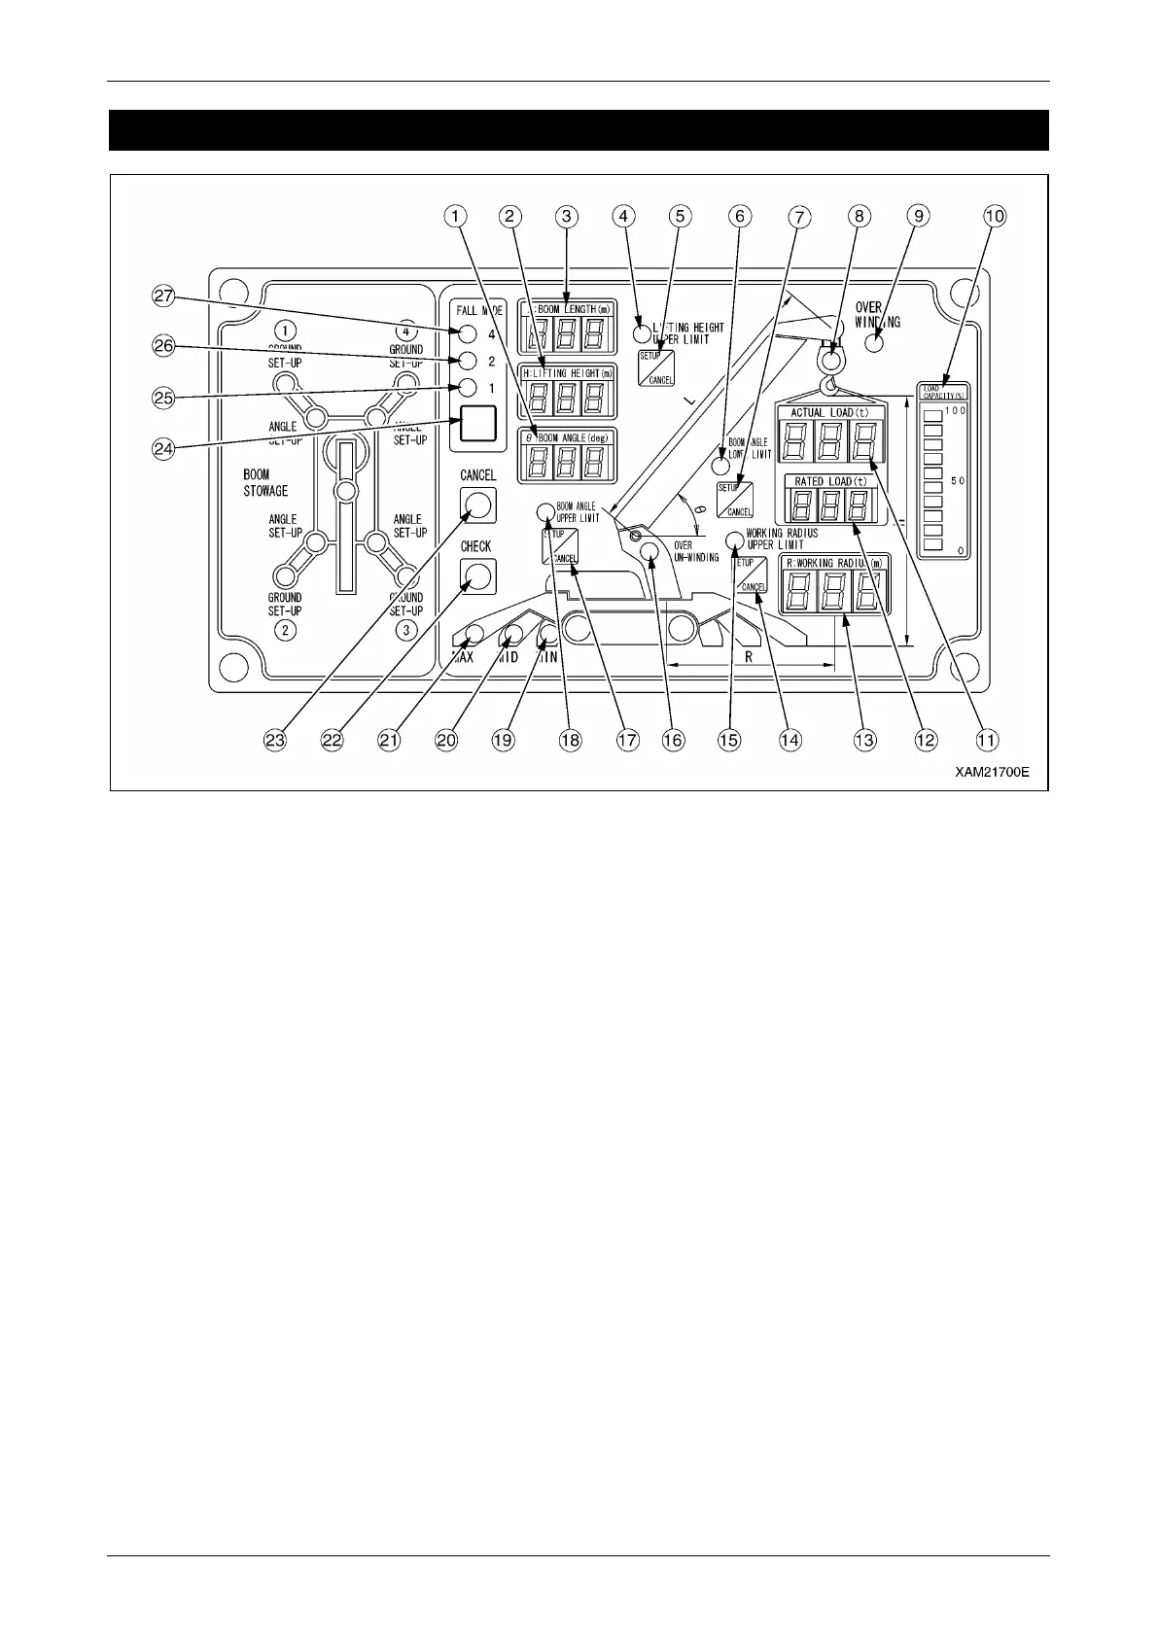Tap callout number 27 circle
pyautogui.click(x=163, y=297)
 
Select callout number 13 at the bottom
pyautogui.click(x=863, y=740)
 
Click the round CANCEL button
pyautogui.click(x=477, y=505)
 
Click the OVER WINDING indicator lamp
pyautogui.click(x=873, y=342)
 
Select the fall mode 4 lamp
pyautogui.click(x=468, y=334)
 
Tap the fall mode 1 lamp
pyautogui.click(x=468, y=388)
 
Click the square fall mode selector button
pyautogui.click(x=477, y=425)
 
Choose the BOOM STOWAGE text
pyautogui.click(x=265, y=483)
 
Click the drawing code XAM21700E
pyautogui.click(x=991, y=773)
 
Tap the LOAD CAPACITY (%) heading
pyautogui.click(x=942, y=391)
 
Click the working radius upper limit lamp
pyautogui.click(x=735, y=540)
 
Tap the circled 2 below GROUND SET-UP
pyautogui.click(x=284, y=630)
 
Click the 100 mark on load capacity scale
pyautogui.click(x=956, y=410)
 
